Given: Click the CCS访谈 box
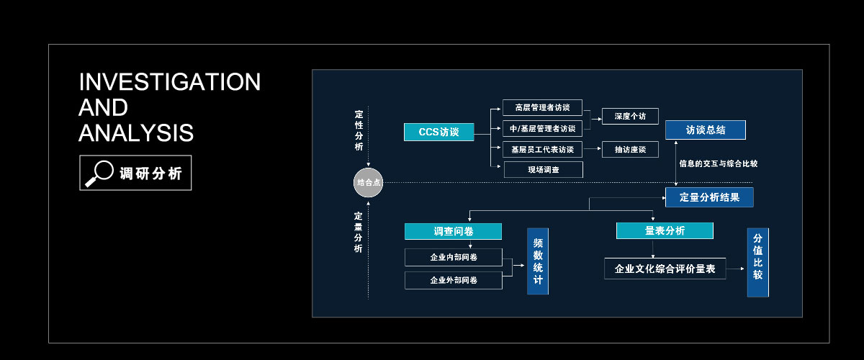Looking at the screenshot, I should [x=438, y=132].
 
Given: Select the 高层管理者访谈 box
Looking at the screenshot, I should [x=542, y=107].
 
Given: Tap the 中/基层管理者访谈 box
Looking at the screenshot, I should [x=542, y=129].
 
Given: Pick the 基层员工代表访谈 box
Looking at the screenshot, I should [x=542, y=150].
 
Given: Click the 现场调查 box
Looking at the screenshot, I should [x=542, y=170].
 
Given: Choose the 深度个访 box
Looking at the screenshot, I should [x=630, y=116].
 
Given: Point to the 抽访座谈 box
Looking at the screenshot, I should [x=630, y=150].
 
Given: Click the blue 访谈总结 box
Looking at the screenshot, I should [x=705, y=130].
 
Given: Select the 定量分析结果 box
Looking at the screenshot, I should [x=709, y=197].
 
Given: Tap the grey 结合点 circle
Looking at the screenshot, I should [x=368, y=183].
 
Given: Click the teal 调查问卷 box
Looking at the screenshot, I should [x=453, y=231].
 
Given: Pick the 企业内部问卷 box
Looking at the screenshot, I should [x=453, y=257].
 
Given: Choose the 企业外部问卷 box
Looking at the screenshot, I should [x=453, y=280].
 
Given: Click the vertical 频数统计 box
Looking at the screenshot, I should [x=538, y=261].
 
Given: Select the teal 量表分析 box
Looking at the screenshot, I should [x=665, y=230].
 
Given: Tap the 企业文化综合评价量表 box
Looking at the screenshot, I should [x=665, y=269].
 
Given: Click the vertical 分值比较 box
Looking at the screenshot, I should [x=757, y=262].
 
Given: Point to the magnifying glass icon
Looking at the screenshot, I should [x=99, y=173].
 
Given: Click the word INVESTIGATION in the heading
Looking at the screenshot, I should [x=169, y=82].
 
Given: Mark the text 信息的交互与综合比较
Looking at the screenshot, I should [x=718, y=163].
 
